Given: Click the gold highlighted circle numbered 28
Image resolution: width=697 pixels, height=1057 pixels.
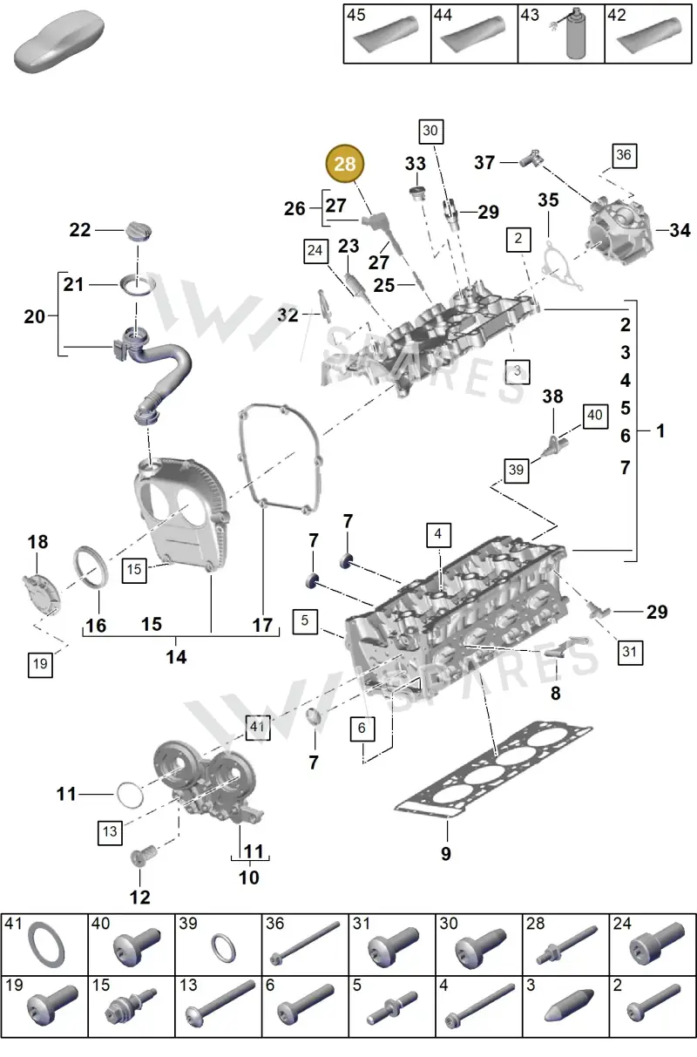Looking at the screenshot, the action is [x=345, y=164].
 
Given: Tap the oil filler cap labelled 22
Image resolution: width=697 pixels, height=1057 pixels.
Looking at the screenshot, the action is [x=139, y=231].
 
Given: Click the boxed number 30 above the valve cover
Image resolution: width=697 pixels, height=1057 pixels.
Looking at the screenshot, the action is [x=431, y=132].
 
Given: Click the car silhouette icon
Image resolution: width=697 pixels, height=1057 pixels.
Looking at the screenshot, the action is [x=59, y=41].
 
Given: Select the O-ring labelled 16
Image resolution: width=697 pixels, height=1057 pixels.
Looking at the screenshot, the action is [x=91, y=567].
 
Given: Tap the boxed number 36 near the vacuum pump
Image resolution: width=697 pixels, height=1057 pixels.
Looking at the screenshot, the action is [x=625, y=156].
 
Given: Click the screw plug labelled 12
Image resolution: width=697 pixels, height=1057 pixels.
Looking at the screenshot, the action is [x=142, y=854].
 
